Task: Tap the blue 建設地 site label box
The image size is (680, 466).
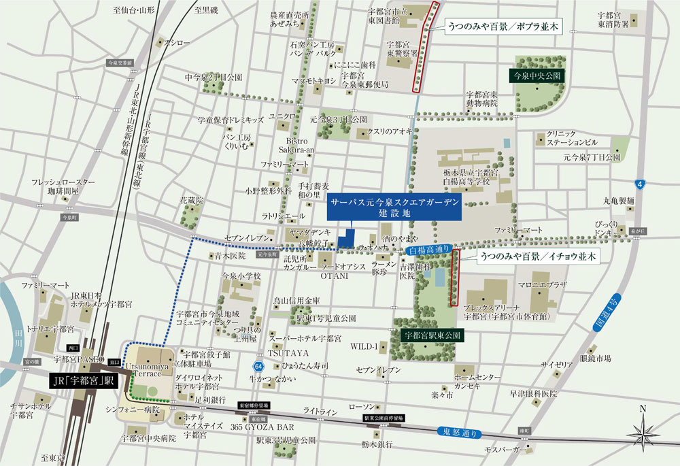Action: pos(394,208)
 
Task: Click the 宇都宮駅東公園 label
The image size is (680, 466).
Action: pos(432,335)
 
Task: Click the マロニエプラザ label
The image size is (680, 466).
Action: pos(542,286)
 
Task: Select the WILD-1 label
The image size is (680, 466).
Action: pos(364,346)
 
